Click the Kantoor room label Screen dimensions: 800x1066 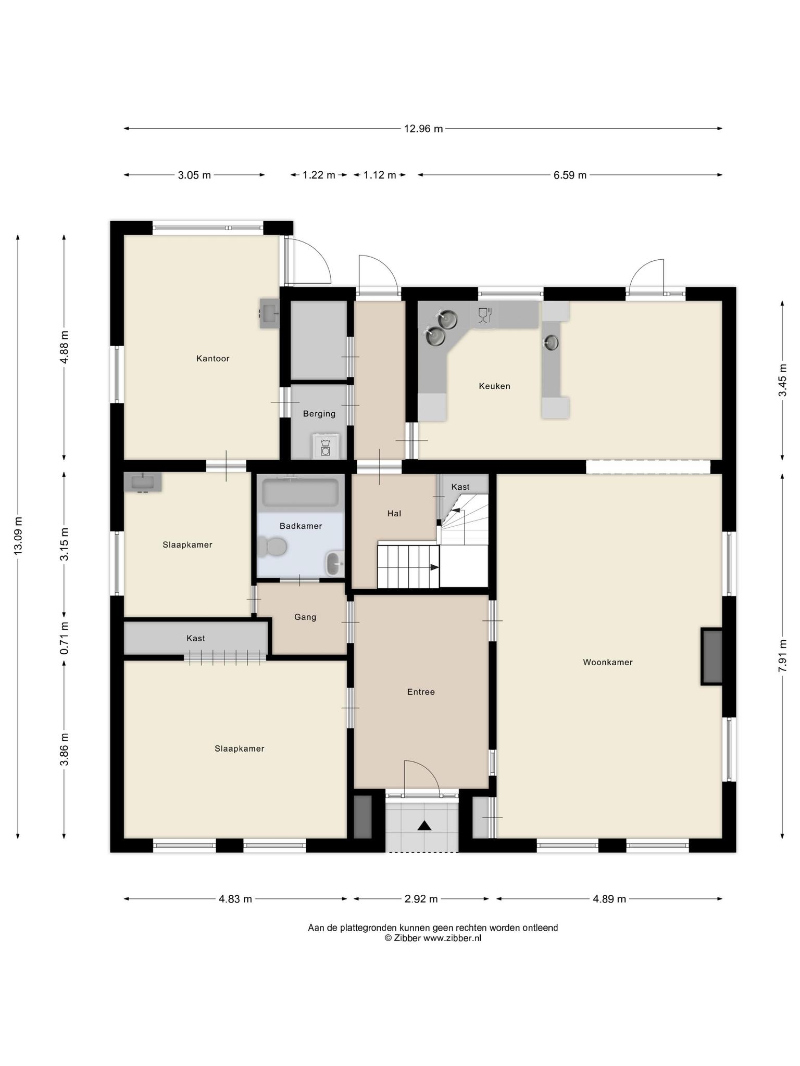point(213,359)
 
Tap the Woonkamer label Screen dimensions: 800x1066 point(607,663)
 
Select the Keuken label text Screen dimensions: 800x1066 point(494,386)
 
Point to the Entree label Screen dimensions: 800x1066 point(421,692)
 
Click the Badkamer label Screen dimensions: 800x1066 point(301,526)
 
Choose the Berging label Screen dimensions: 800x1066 point(319,414)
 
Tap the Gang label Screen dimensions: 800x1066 point(305,617)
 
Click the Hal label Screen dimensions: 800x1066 point(394,514)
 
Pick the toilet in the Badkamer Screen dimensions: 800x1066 point(272,547)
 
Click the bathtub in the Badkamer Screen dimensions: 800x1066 point(301,492)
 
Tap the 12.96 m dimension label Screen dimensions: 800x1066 point(423,129)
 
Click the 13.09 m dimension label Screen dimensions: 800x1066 point(18,536)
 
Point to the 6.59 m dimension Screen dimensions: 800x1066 point(570,175)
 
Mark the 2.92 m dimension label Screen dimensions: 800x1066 point(421,899)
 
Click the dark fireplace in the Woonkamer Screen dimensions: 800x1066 point(712,657)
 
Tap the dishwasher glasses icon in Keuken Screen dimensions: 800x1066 point(485,315)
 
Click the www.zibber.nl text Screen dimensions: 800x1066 point(452,938)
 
